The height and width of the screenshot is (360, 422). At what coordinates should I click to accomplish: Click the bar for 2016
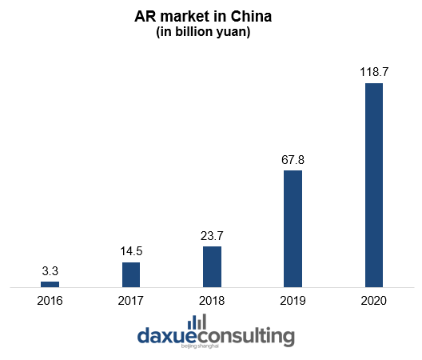point(50,284)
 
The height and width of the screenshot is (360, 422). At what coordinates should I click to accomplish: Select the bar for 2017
point(131,274)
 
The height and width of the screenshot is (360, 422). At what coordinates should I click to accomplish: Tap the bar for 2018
point(212,266)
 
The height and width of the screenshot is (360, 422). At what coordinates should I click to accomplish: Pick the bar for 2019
point(293,228)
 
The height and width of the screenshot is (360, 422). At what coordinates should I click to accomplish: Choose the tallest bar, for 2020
point(374,185)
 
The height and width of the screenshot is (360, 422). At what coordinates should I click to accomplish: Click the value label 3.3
point(50,271)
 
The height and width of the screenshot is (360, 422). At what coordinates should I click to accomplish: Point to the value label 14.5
point(131,252)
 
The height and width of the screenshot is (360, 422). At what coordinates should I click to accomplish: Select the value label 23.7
point(212,236)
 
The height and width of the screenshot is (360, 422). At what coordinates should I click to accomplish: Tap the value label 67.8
point(293,160)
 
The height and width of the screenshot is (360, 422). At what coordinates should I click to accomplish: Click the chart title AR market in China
point(211,17)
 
